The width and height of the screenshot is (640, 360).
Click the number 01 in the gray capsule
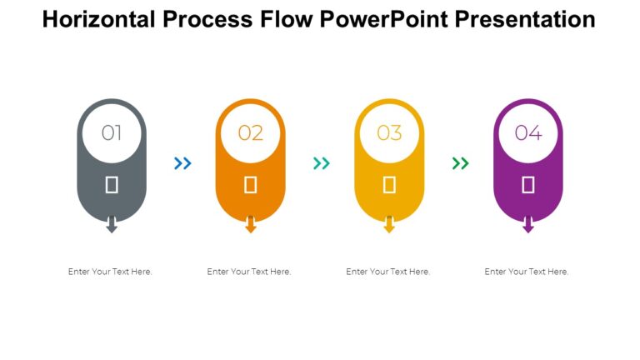112,132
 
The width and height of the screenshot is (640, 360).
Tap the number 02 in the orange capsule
250,132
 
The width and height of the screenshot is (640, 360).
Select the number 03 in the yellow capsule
389,132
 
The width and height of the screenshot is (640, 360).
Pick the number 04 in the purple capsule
527,132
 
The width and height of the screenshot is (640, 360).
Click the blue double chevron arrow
182,163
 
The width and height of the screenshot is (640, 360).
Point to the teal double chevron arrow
321,163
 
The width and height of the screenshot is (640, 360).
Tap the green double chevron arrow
460,163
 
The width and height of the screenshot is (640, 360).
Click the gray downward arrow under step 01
112,225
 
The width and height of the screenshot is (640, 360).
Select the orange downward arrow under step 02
250,225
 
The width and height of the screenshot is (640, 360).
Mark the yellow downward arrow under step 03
389,225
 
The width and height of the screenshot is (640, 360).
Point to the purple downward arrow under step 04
527,225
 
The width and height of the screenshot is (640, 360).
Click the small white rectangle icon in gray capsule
112,185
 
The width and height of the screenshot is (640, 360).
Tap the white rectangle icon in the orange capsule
250,185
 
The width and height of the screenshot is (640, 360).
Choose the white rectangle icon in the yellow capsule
389,185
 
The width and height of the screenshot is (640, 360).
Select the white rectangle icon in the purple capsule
527,185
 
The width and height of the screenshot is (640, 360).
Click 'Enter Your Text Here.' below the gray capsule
110,272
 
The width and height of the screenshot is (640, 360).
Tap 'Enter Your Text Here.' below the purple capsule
527,272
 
